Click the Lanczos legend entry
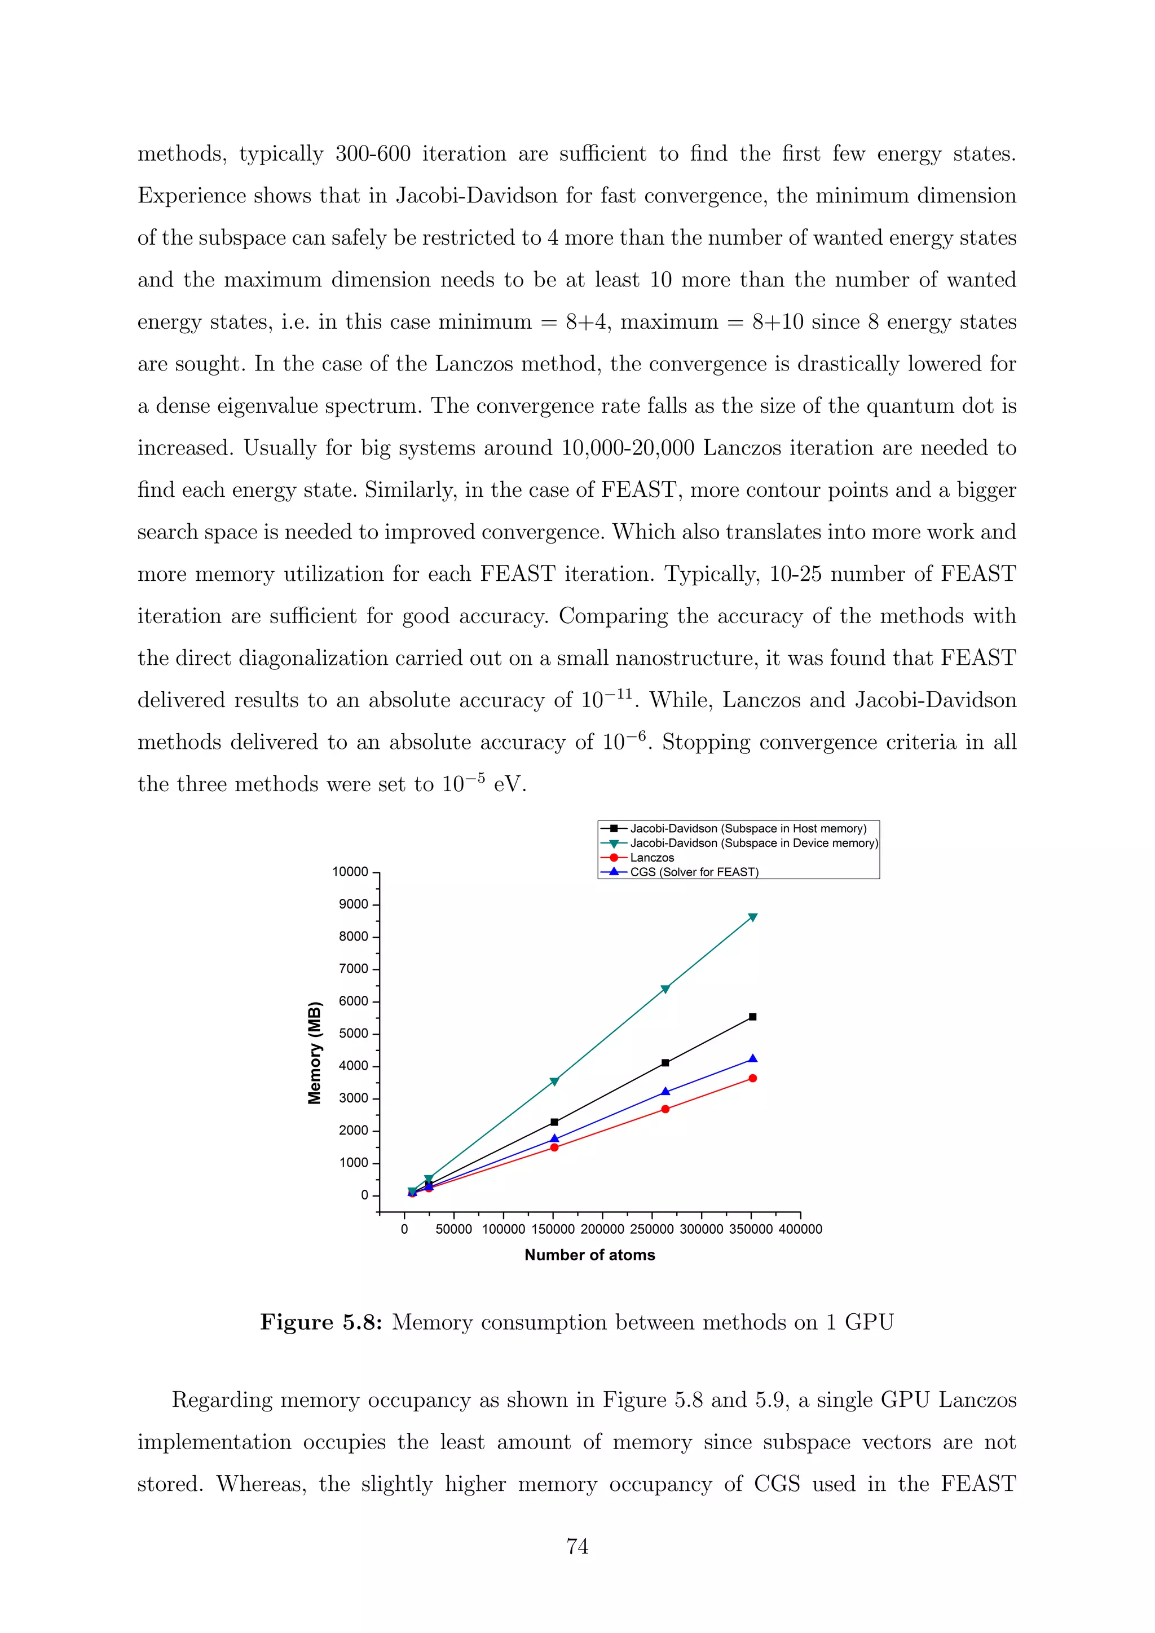[x=651, y=857]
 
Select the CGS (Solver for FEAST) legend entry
[x=694, y=872]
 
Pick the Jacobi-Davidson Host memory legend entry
[x=747, y=828]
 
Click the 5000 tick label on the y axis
[x=354, y=1034]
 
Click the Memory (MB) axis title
[x=314, y=1053]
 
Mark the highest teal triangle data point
[x=752, y=917]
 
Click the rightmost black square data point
[x=752, y=1017]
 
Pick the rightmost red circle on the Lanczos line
[x=752, y=1078]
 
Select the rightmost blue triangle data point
[x=752, y=1059]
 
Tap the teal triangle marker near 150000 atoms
[x=554, y=1082]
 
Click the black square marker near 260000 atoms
[x=665, y=1062]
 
